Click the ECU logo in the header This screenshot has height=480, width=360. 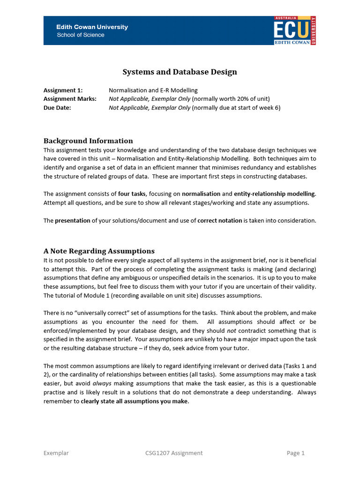pyautogui.click(x=295, y=30)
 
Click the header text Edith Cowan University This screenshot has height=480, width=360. pyautogui.click(x=92, y=27)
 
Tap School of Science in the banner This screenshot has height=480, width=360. pyautogui.click(x=81, y=35)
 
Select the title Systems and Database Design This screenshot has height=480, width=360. pyautogui.click(x=180, y=72)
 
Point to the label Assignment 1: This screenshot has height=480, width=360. pyautogui.click(x=63, y=90)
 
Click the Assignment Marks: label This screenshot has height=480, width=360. pyautogui.click(x=70, y=98)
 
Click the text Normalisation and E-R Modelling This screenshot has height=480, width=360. pyautogui.click(x=153, y=90)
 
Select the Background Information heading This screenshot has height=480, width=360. pyautogui.click(x=88, y=141)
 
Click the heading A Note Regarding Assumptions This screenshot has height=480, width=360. pyautogui.click(x=99, y=251)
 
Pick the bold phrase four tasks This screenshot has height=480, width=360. pyautogui.click(x=132, y=194)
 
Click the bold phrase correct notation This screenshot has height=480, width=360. pyautogui.click(x=219, y=220)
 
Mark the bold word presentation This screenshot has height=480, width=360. pyautogui.click(x=73, y=220)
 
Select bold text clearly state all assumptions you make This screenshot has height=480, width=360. pyautogui.click(x=135, y=401)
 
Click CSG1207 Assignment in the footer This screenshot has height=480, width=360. pyautogui.click(x=174, y=453)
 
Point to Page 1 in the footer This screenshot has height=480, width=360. pyautogui.click(x=295, y=453)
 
